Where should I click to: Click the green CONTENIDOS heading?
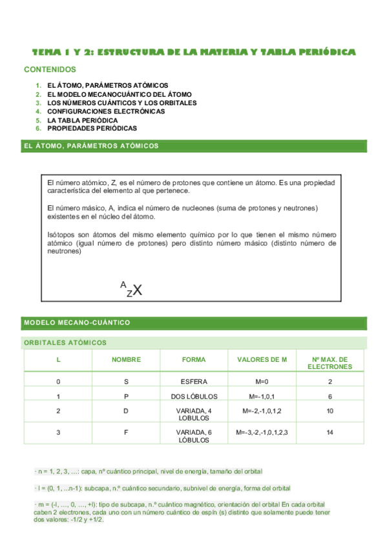point(50,69)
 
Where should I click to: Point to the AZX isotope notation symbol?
point(131,289)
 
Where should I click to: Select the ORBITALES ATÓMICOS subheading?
point(65,343)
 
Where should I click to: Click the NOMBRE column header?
point(126,359)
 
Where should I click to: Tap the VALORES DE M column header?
point(262,359)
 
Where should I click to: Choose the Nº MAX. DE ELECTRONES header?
point(329,363)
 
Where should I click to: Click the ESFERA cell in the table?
point(194,382)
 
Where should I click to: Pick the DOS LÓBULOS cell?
point(194,396)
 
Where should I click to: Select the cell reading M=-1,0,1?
point(262,396)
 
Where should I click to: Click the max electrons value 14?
point(329,432)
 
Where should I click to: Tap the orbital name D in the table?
point(126,411)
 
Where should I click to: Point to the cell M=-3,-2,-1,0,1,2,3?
point(262,432)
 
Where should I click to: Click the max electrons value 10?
point(329,411)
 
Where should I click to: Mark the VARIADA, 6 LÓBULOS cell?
point(194,436)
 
